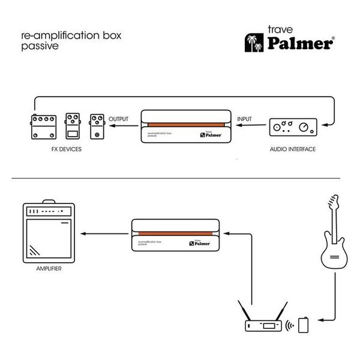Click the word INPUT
(244, 120)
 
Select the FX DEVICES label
(64, 148)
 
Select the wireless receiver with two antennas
(262, 322)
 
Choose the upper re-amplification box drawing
(185, 125)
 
